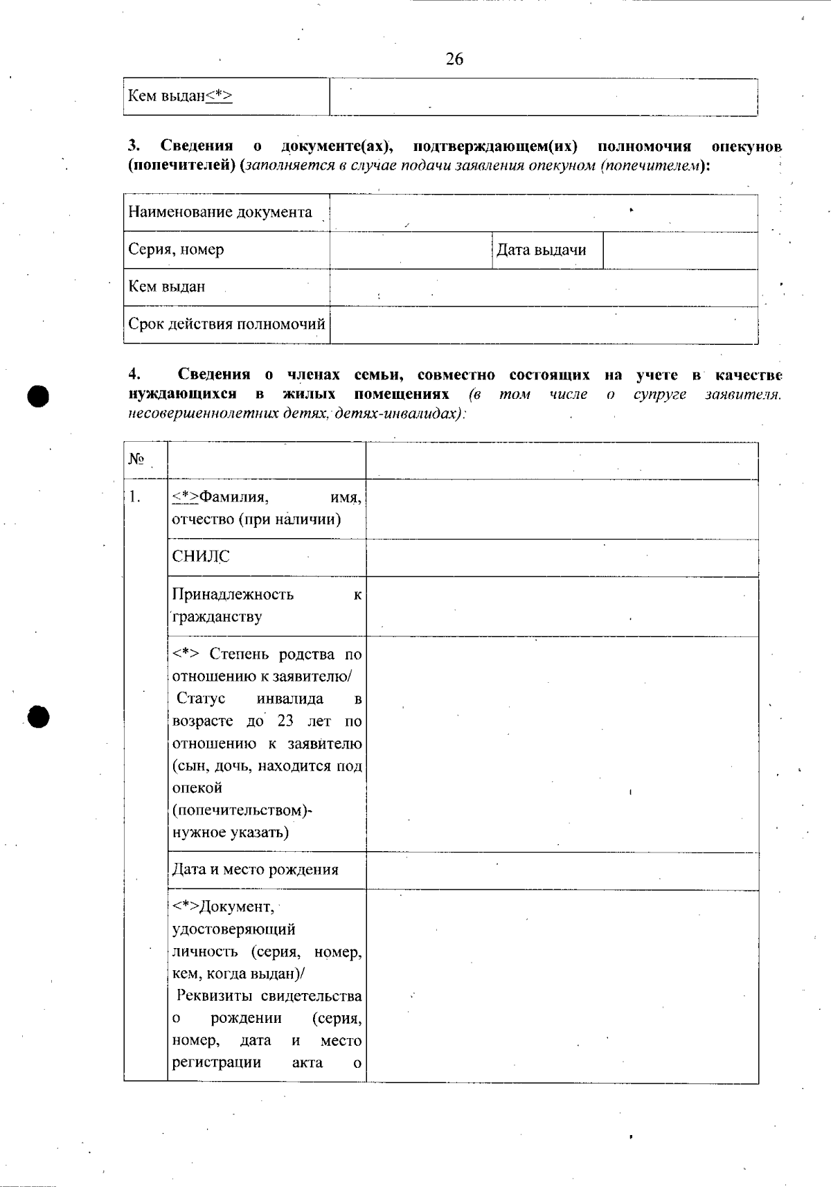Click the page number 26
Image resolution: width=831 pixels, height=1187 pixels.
click(x=454, y=60)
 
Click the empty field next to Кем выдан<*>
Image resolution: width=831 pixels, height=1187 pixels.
click(x=543, y=97)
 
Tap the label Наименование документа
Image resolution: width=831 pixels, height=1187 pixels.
click(x=220, y=212)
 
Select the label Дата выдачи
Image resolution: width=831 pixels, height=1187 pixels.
click(x=542, y=250)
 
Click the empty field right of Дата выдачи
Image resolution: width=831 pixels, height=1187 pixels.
click(x=680, y=250)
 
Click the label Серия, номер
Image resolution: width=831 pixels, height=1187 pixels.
click(x=176, y=249)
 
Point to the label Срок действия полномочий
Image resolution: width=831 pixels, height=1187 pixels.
click(x=226, y=324)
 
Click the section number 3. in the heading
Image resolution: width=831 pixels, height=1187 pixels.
click(x=134, y=146)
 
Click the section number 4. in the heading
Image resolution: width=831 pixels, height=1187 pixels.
click(x=134, y=375)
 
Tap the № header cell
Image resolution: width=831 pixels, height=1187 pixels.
click(x=136, y=460)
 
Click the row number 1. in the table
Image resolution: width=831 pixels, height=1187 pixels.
click(x=134, y=497)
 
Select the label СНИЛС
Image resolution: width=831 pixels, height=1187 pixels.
click(x=200, y=557)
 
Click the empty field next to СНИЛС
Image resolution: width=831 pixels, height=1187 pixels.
click(x=562, y=557)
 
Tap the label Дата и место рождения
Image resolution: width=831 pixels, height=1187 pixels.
click(x=255, y=870)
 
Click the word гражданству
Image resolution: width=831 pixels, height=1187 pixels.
click(x=217, y=617)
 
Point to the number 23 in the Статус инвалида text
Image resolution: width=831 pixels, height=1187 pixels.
click(x=285, y=721)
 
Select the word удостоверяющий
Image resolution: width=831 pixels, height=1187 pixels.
click(x=233, y=929)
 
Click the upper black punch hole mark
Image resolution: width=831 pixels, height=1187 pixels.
click(x=39, y=396)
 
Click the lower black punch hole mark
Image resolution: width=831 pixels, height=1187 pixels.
click(x=39, y=717)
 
